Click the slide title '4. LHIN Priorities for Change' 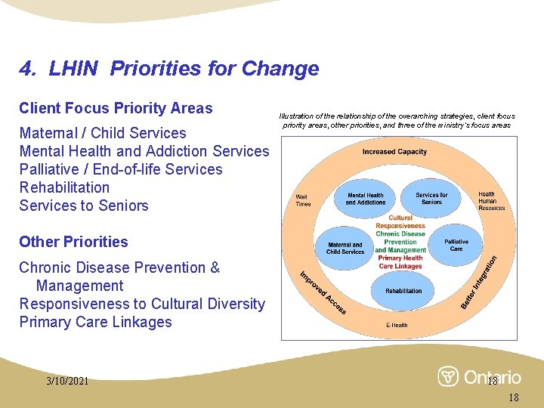(x=169, y=70)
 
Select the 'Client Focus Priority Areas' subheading (x=116, y=108)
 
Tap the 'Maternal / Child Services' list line (x=103, y=133)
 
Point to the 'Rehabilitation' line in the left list (x=64, y=187)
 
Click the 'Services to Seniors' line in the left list (x=84, y=206)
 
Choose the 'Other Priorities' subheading (x=73, y=242)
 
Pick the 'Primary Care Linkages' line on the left (x=95, y=322)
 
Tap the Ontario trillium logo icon (x=448, y=376)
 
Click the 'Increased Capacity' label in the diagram (x=394, y=152)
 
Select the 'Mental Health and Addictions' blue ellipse (x=366, y=199)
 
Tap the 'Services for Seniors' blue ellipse (x=431, y=199)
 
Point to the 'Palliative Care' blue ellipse (x=456, y=246)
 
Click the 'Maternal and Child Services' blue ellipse (x=345, y=248)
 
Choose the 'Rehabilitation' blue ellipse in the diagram (x=403, y=291)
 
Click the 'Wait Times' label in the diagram (x=303, y=200)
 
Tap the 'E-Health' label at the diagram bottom (x=397, y=326)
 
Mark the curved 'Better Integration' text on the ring (x=480, y=282)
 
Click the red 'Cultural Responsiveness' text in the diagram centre (x=400, y=222)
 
